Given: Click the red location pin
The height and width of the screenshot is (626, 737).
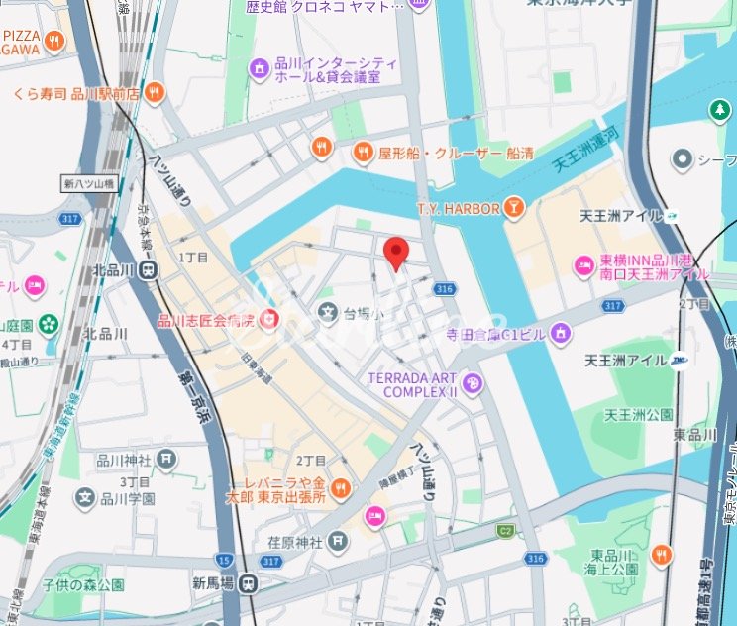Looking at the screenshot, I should [396, 253].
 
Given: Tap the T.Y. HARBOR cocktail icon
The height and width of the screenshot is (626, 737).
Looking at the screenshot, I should [513, 207].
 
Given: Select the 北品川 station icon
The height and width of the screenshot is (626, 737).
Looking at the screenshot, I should [148, 269].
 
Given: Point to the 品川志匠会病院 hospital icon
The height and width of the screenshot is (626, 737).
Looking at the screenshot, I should [269, 319].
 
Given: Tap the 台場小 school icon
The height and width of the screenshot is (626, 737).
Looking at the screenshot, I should [327, 313].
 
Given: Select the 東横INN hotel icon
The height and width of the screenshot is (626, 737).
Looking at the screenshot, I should [583, 265].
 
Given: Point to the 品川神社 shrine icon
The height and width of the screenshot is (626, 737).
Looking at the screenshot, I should [167, 459].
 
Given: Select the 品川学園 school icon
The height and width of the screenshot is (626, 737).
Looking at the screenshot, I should [86, 498].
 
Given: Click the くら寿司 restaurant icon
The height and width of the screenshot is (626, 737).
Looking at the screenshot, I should [154, 93].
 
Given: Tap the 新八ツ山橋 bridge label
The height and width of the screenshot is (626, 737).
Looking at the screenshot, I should [88, 183].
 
